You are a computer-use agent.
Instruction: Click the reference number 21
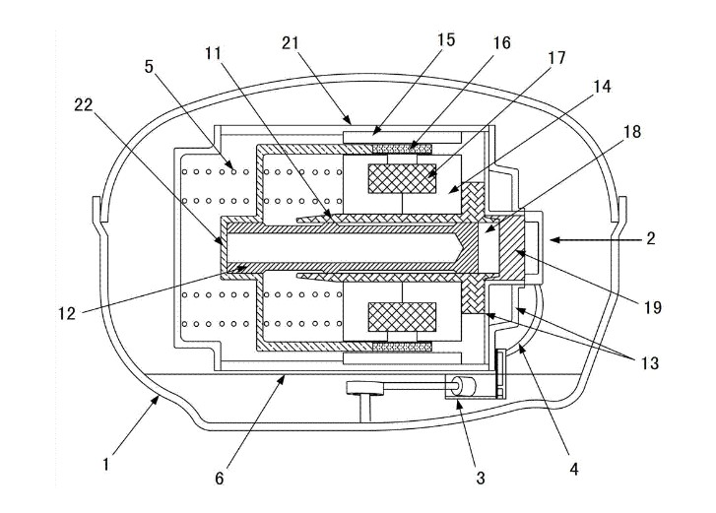point(290,43)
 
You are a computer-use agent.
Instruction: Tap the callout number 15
point(446,40)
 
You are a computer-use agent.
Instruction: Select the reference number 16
point(501,43)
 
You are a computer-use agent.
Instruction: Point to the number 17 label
point(556,58)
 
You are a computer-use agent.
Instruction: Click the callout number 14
point(603,87)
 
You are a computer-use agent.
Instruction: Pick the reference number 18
point(632,132)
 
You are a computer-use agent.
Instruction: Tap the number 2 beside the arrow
point(651,238)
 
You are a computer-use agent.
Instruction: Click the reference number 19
point(653,307)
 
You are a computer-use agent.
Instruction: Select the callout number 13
point(650,363)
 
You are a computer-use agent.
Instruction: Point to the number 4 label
point(574,469)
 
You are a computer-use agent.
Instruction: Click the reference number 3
point(481,478)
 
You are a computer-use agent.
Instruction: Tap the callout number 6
point(220,479)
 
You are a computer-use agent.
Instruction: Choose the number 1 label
point(106,465)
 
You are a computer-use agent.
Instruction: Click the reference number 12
point(67,314)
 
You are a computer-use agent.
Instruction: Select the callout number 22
point(84,105)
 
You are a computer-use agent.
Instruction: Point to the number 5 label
point(150,67)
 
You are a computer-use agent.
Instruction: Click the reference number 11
point(213,54)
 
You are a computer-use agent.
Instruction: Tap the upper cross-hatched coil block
point(402,178)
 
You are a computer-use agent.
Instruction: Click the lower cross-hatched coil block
point(402,317)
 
